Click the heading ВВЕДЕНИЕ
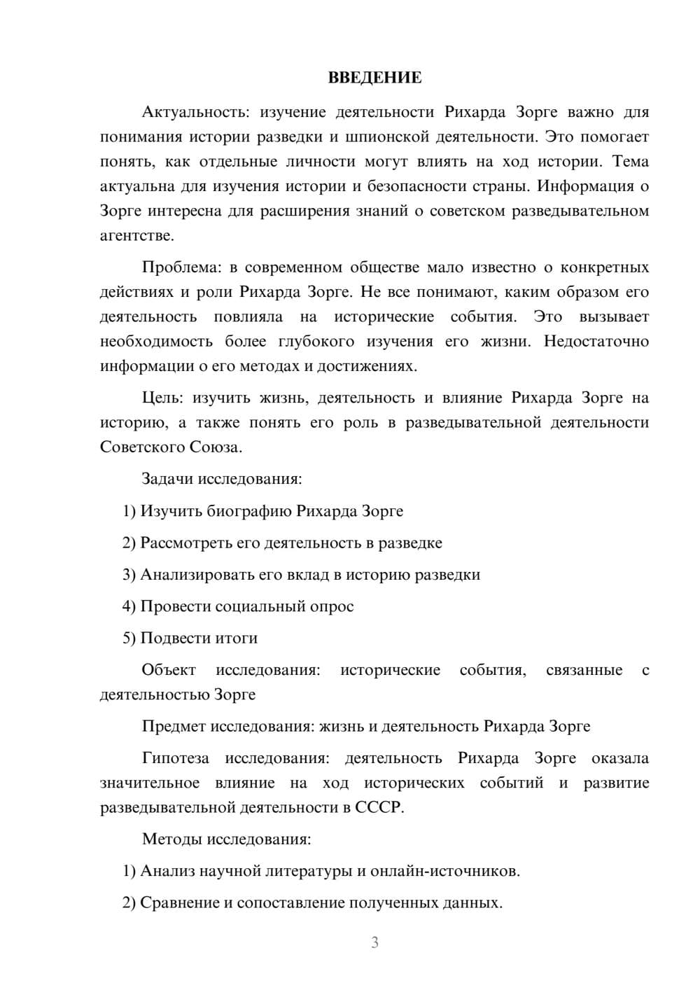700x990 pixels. tap(374, 78)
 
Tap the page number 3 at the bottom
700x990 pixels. tap(374, 942)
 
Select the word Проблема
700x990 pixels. tap(181, 267)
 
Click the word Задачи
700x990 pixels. tap(167, 479)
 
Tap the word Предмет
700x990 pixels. tap(174, 726)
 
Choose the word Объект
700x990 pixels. tap(169, 670)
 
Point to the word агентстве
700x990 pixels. tap(136, 236)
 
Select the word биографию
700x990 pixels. tap(248, 511)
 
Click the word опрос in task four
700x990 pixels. tap(331, 606)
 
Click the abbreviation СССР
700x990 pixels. tap(379, 807)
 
